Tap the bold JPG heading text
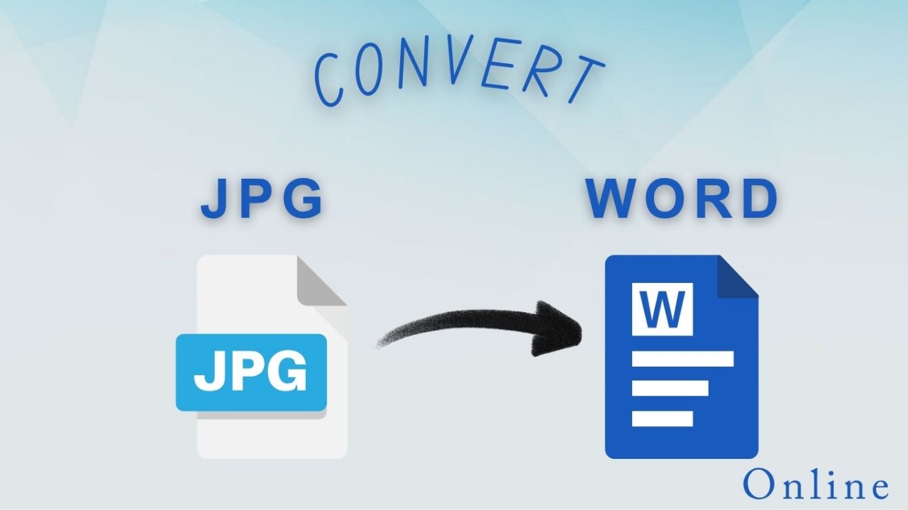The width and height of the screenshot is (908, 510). [x=262, y=199]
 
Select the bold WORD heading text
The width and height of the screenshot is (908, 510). [x=682, y=199]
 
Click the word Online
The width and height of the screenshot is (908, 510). [x=816, y=484]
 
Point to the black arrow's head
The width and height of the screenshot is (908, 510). [x=558, y=329]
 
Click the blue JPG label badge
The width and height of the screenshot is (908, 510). [x=251, y=372]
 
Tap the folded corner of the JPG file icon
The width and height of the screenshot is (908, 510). [x=322, y=281]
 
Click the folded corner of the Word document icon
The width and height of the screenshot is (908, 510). [x=738, y=277]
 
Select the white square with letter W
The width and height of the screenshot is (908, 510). [x=663, y=309]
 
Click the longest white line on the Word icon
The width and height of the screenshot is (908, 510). [x=682, y=359]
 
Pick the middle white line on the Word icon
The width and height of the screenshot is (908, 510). [x=670, y=389]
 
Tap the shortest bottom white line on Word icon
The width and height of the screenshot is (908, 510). [x=663, y=418]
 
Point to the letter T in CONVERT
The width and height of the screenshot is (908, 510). [x=586, y=78]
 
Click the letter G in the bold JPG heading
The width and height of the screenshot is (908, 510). [x=304, y=199]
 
